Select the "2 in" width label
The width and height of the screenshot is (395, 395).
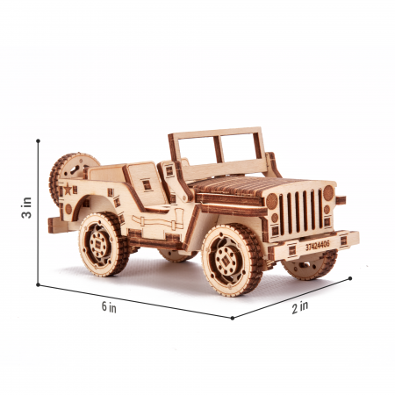pyautogui.click(x=300, y=306)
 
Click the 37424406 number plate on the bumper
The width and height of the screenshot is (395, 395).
pyautogui.click(x=318, y=247)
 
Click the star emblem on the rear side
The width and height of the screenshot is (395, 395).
pyautogui.click(x=67, y=189)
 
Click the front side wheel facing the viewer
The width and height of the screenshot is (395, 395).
pyautogui.click(x=230, y=258)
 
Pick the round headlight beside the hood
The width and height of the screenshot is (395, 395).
pyautogui.click(x=272, y=201)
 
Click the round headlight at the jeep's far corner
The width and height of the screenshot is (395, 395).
pyautogui.click(x=328, y=192)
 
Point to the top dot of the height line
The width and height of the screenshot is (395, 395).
pyautogui.click(x=39, y=139)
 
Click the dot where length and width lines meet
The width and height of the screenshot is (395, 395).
pyautogui.click(x=233, y=318)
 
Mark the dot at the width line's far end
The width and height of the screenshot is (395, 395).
pyautogui.click(x=350, y=279)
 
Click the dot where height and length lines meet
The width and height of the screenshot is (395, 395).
pyautogui.click(x=39, y=284)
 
